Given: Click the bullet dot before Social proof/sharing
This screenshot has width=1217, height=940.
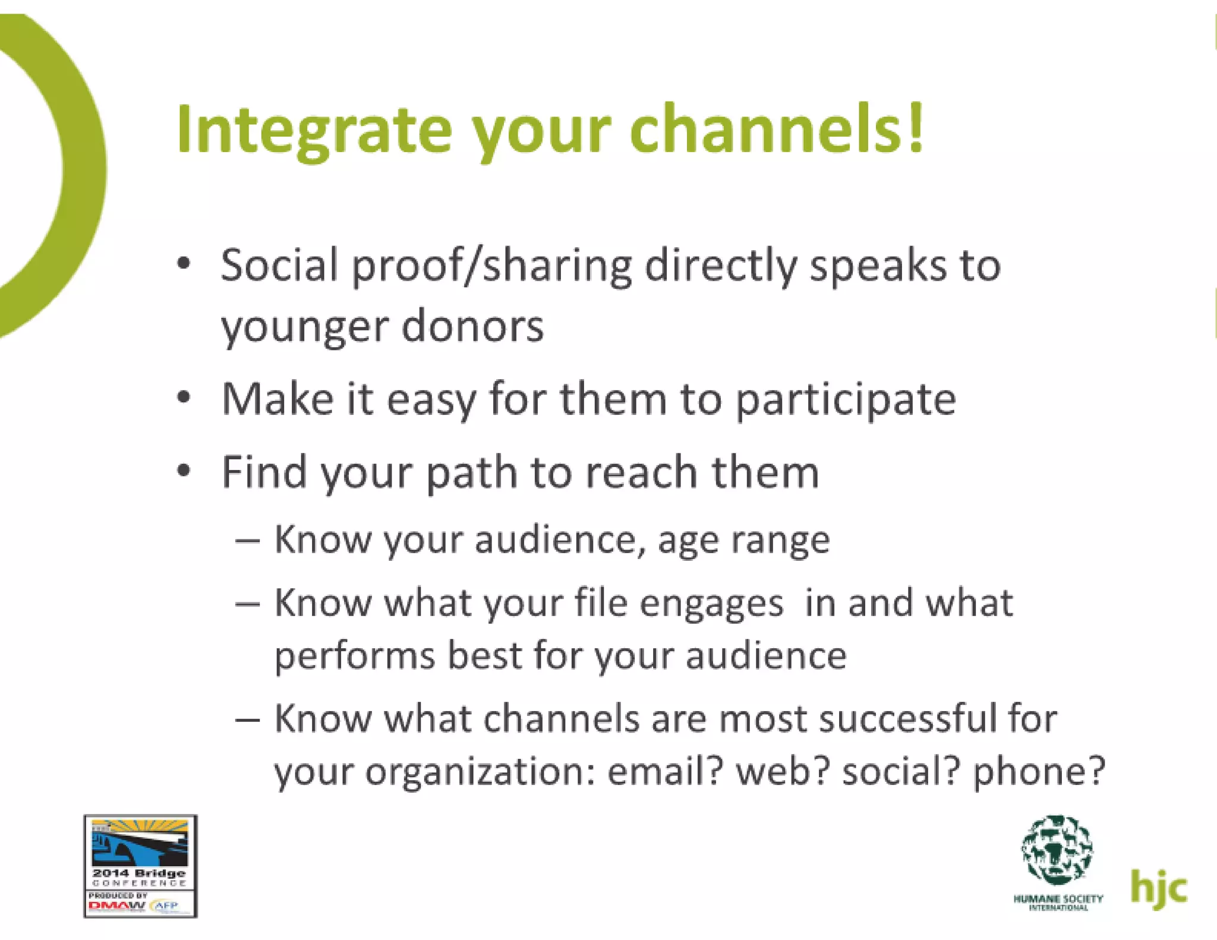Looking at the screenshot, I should [184, 263].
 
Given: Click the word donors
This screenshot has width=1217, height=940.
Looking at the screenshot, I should [472, 327].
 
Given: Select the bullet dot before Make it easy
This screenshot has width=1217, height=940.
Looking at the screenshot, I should [184, 397].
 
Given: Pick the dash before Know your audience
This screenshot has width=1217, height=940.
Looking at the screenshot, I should [247, 541].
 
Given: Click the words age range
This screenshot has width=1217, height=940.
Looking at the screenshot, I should [743, 541].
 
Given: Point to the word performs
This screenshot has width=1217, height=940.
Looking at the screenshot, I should [354, 657].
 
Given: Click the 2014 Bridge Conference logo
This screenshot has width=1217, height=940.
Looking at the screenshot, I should [140, 866].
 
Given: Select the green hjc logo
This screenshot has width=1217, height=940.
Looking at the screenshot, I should [1158, 888].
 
